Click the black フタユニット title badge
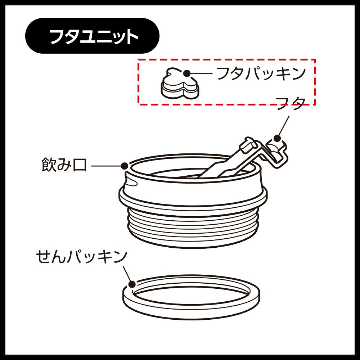click(92, 36)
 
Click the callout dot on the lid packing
click(187, 73)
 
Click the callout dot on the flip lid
click(277, 138)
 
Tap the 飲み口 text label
click(64, 165)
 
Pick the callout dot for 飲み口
click(125, 166)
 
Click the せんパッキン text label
click(82, 257)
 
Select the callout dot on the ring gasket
click(132, 284)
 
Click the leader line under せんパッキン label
click(127, 274)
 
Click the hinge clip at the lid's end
click(277, 152)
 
